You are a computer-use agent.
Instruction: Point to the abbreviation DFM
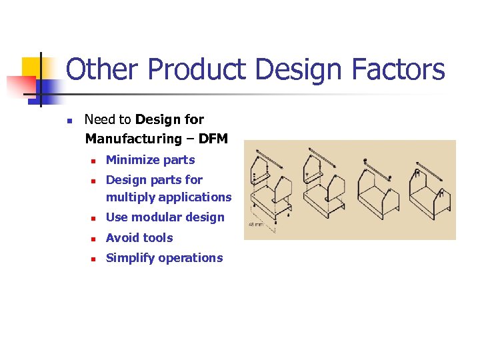(x=213, y=139)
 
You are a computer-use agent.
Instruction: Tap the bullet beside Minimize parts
(x=95, y=161)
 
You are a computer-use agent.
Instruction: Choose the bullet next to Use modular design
(x=95, y=218)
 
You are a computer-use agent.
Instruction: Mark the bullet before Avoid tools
(x=95, y=239)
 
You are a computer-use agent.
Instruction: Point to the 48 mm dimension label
(x=256, y=225)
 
